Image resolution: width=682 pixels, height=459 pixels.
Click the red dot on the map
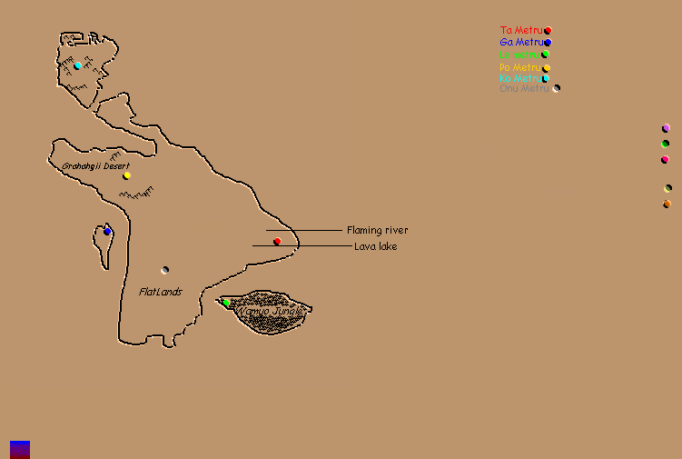pyautogui.click(x=277, y=241)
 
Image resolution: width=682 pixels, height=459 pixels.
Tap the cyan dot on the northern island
pyautogui.click(x=77, y=65)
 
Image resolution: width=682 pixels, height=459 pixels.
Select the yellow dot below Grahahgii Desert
pyautogui.click(x=127, y=175)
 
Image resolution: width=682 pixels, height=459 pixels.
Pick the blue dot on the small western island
pyautogui.click(x=107, y=232)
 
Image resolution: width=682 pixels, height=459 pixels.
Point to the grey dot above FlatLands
pyautogui.click(x=164, y=270)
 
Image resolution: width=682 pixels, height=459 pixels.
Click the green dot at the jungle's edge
pyautogui.click(x=225, y=302)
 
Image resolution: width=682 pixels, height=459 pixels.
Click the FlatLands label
pyautogui.click(x=161, y=292)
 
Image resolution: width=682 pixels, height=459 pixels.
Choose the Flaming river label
pyautogui.click(x=377, y=230)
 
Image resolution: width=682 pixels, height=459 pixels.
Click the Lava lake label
pyautogui.click(x=375, y=246)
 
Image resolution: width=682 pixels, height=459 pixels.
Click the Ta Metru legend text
pyautogui.click(x=520, y=31)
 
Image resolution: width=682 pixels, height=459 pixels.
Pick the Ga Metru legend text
pyautogui.click(x=521, y=43)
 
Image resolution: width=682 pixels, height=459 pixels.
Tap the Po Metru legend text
pyautogui.click(x=520, y=67)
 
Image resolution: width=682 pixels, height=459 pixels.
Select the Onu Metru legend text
pyautogui.click(x=525, y=88)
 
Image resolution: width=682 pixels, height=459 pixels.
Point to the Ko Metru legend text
pyautogui.click(x=520, y=78)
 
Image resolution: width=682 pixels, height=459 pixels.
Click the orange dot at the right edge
pyautogui.click(x=667, y=204)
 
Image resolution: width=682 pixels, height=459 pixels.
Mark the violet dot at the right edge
pyautogui.click(x=666, y=128)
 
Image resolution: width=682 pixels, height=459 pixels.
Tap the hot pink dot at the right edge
pyautogui.click(x=665, y=160)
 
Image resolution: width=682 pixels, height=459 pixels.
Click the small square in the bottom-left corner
pyautogui.click(x=20, y=449)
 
